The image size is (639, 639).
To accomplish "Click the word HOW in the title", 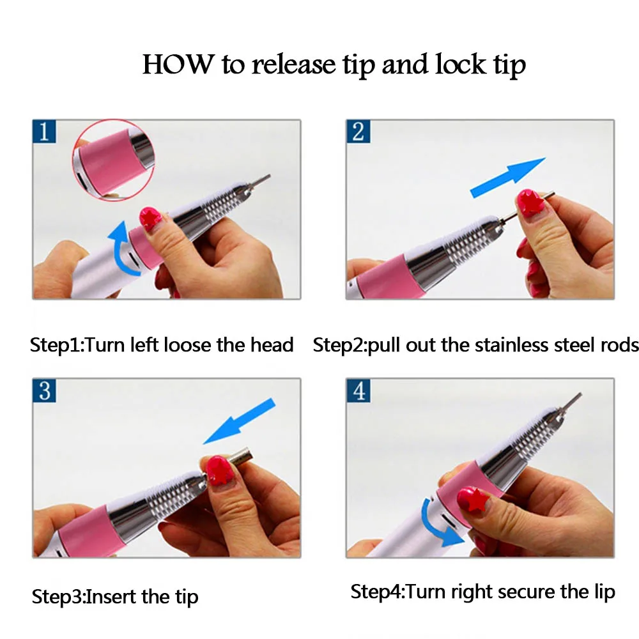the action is tap(178, 65).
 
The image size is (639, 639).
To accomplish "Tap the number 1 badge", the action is tap(44, 131).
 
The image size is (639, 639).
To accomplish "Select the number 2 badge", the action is tap(358, 131).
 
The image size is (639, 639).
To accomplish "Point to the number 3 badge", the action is tap(44, 390).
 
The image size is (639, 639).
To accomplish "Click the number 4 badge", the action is tap(358, 390).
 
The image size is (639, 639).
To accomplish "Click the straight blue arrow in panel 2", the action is tap(507, 177).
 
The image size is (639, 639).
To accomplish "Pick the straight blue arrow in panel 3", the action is tap(239, 421).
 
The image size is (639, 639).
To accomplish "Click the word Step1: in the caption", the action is tap(56, 345).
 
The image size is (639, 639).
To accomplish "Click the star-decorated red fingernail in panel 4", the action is tap(472, 500).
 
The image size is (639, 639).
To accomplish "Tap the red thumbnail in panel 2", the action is tap(529, 203).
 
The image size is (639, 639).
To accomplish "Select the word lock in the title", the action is tap(461, 65).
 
